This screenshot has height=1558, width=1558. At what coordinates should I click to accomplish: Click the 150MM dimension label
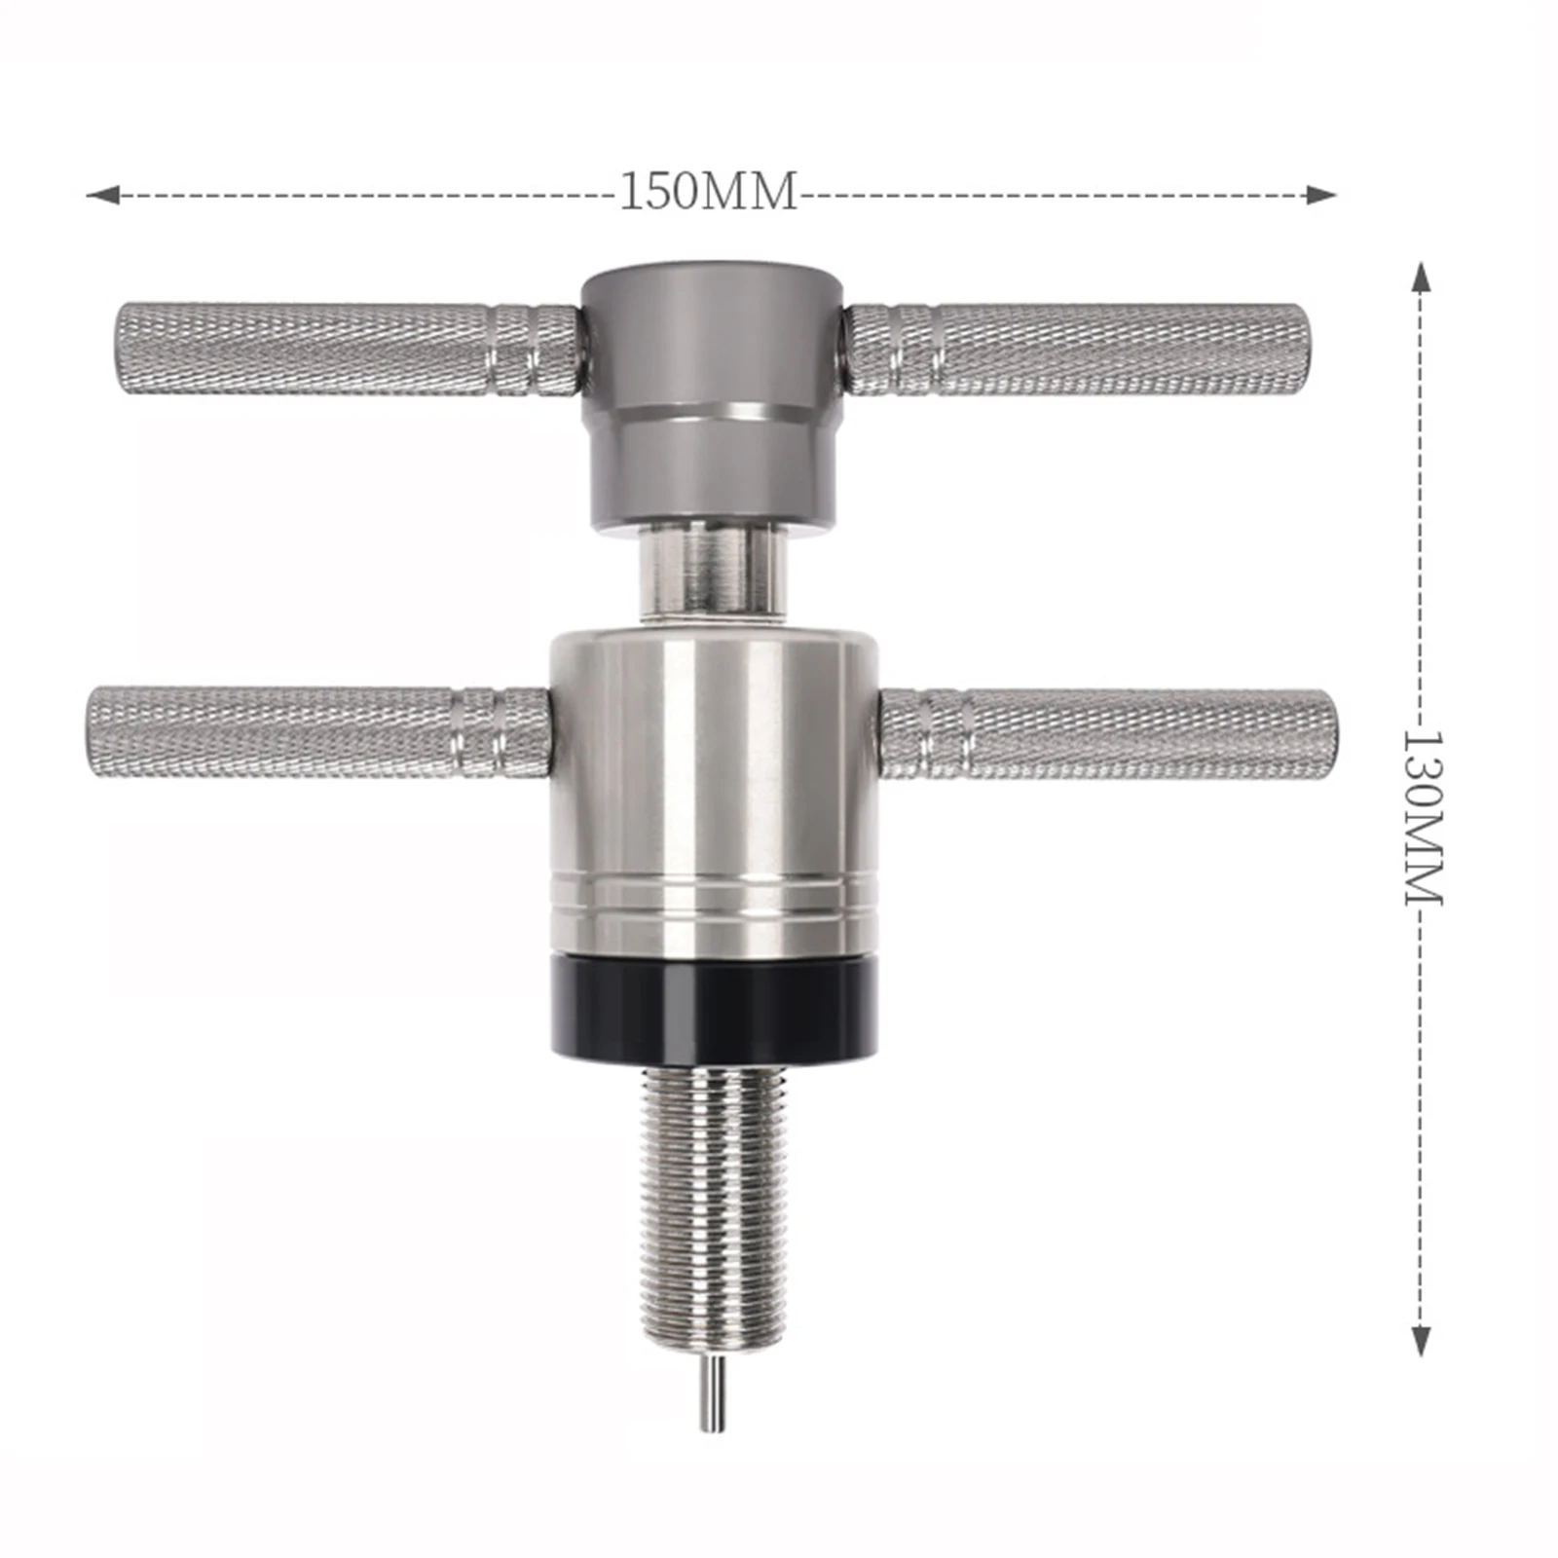click(x=708, y=192)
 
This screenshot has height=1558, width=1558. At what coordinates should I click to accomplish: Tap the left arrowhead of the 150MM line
click(x=102, y=196)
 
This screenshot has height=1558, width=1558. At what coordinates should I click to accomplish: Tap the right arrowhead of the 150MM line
click(x=1319, y=195)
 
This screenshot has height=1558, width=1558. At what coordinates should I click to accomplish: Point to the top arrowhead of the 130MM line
click(x=1422, y=278)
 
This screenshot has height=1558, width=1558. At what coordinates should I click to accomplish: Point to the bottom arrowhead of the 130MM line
click(x=1422, y=1339)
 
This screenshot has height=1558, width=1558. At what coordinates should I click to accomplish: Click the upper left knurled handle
click(x=348, y=350)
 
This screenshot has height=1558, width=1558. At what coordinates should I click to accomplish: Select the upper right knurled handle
click(x=1076, y=350)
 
